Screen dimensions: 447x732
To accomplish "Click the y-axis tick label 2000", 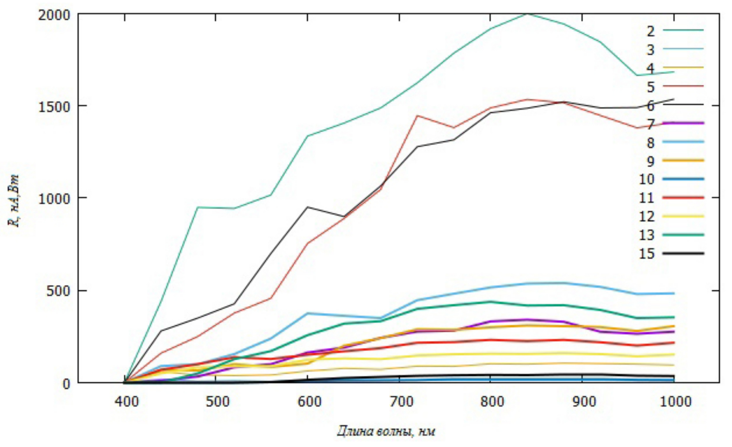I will tap(54, 15).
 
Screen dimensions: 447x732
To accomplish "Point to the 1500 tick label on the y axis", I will tap(54, 107).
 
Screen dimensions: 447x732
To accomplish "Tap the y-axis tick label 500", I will tap(59, 291).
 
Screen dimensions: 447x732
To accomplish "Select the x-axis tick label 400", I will tap(126, 401).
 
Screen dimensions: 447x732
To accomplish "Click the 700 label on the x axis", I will tap(401, 401).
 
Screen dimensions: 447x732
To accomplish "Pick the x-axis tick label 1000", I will tap(675, 401).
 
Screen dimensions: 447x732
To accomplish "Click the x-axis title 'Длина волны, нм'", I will tap(386, 430).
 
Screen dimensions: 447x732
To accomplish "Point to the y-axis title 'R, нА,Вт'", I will tap(15, 201).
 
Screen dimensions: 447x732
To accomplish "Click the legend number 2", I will tap(650, 31).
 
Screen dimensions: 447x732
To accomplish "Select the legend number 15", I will tap(646, 254).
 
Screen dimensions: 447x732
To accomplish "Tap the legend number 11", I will tap(646, 198).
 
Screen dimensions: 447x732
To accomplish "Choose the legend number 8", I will tap(650, 142).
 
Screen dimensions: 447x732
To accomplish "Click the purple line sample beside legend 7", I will tap(683, 123).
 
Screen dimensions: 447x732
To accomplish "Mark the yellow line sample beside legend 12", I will tap(683, 216).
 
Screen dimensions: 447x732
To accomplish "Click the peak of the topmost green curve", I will tap(527, 14).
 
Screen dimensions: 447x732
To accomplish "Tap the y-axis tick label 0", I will tap(66, 383).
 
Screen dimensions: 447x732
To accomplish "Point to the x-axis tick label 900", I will tap(584, 401).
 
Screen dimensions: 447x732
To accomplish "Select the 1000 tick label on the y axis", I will tap(54, 199).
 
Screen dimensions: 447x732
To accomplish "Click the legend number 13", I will tap(646, 235).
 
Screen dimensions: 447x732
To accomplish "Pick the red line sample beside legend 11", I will tap(683, 198).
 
